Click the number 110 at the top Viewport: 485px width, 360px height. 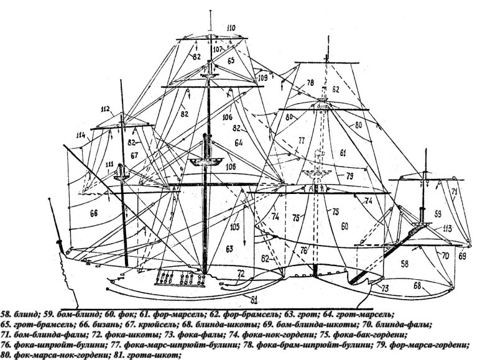(214, 29)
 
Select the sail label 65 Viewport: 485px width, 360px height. (231, 60)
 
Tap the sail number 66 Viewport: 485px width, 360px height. (95, 213)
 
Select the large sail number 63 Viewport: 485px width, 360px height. (229, 249)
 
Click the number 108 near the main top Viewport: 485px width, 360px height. (230, 167)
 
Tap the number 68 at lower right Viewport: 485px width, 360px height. (415, 287)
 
